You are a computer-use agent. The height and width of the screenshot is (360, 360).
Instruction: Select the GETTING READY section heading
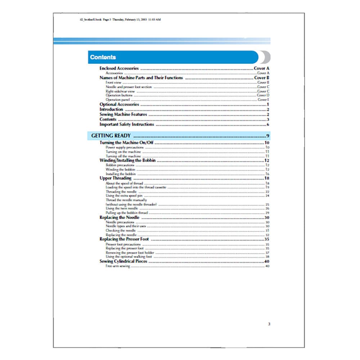111,136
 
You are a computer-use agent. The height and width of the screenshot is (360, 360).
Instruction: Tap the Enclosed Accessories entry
119,68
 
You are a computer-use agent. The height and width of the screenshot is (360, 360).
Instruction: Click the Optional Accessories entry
119,104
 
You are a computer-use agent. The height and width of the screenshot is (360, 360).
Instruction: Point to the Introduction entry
111,109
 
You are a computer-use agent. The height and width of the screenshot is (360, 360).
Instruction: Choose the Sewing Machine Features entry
123,114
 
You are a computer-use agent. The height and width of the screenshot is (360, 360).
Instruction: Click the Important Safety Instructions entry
127,125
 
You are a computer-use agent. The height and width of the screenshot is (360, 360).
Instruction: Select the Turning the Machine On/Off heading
127,143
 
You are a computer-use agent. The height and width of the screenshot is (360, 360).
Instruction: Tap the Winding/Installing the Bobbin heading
127,161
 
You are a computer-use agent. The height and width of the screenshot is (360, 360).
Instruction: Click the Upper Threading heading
116,178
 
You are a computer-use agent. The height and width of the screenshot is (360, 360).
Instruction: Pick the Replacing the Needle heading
117,218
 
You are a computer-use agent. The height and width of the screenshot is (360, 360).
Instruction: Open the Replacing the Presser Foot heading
124,239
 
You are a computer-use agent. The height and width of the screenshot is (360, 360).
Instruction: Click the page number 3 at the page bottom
269,324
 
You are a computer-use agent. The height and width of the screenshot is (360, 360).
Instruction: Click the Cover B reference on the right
262,78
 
